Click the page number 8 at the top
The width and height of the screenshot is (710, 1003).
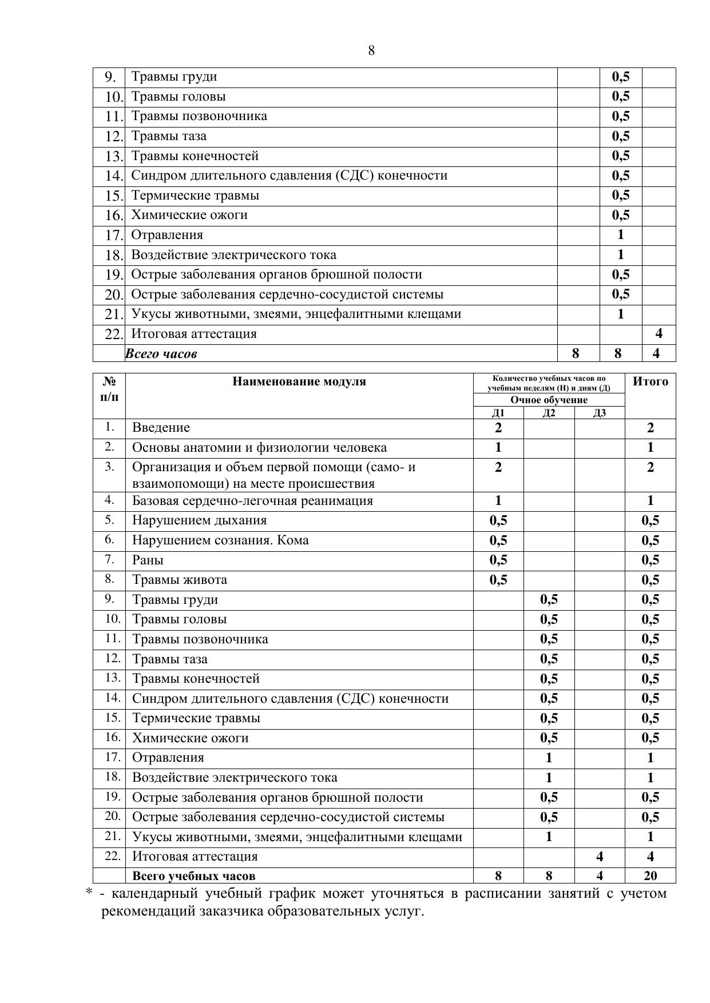(371, 51)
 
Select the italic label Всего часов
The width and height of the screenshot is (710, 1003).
(161, 354)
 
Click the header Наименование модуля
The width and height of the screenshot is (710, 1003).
(299, 382)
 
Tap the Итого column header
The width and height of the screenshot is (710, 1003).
(650, 382)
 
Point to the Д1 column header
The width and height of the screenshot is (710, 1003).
(498, 413)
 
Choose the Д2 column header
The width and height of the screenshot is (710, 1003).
(549, 413)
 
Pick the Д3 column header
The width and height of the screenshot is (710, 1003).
(599, 413)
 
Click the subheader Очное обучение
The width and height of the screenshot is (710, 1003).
(549, 400)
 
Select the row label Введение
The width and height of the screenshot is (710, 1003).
(161, 428)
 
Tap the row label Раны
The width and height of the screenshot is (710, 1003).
(148, 560)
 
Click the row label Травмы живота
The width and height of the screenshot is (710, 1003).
(180, 580)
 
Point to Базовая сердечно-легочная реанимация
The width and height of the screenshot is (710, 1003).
(252, 501)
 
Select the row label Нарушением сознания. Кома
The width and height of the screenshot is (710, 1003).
(220, 540)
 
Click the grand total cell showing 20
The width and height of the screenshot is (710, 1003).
(650, 875)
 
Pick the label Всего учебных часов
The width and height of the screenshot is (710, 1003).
(194, 876)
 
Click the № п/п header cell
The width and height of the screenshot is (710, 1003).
(109, 389)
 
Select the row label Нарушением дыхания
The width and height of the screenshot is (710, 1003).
(200, 520)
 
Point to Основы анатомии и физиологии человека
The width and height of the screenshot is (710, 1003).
(259, 448)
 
